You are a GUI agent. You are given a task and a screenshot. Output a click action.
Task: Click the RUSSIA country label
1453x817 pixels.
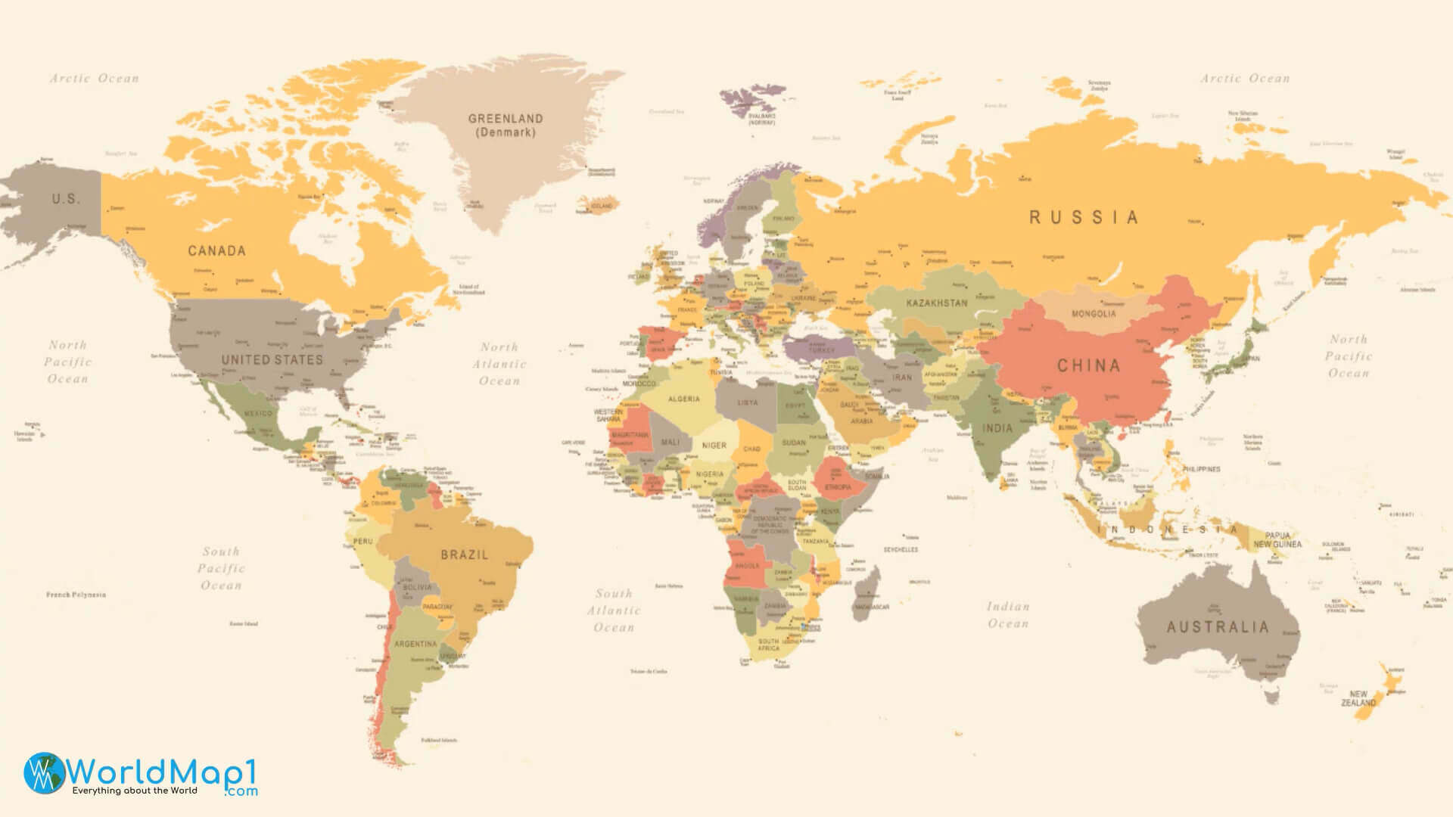tap(1083, 218)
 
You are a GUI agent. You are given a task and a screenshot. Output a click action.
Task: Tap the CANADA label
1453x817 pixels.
tap(216, 250)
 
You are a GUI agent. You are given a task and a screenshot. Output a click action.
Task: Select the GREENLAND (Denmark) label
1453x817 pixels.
tap(505, 125)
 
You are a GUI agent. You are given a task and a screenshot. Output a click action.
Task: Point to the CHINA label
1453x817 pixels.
tap(1088, 366)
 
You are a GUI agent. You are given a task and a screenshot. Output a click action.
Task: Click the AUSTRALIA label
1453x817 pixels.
tap(1217, 627)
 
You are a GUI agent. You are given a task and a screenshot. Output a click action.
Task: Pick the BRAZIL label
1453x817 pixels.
tap(464, 555)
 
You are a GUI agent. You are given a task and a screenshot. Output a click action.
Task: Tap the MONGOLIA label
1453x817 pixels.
tap(1093, 313)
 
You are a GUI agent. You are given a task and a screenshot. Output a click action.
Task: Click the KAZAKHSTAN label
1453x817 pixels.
tap(937, 303)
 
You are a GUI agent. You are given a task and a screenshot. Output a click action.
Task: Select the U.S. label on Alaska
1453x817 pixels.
tap(65, 199)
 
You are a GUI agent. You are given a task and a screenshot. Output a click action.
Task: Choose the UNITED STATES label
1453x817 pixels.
tap(272, 360)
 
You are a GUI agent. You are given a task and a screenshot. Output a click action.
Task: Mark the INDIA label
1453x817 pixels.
tap(997, 428)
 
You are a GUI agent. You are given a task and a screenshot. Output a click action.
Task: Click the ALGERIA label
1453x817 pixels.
tap(683, 399)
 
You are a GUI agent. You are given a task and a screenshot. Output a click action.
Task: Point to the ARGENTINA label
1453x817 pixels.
tap(415, 644)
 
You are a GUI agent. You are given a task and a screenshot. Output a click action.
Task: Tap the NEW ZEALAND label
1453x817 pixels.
tap(1358, 698)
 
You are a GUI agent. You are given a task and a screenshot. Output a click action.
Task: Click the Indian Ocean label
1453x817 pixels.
tap(1007, 615)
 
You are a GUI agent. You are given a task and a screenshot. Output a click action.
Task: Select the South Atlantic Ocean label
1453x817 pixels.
tap(614, 610)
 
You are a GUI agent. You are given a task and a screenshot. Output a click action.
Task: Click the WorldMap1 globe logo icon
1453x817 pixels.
tap(44, 772)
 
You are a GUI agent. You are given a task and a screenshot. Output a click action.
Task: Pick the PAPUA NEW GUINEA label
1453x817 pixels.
tap(1277, 539)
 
